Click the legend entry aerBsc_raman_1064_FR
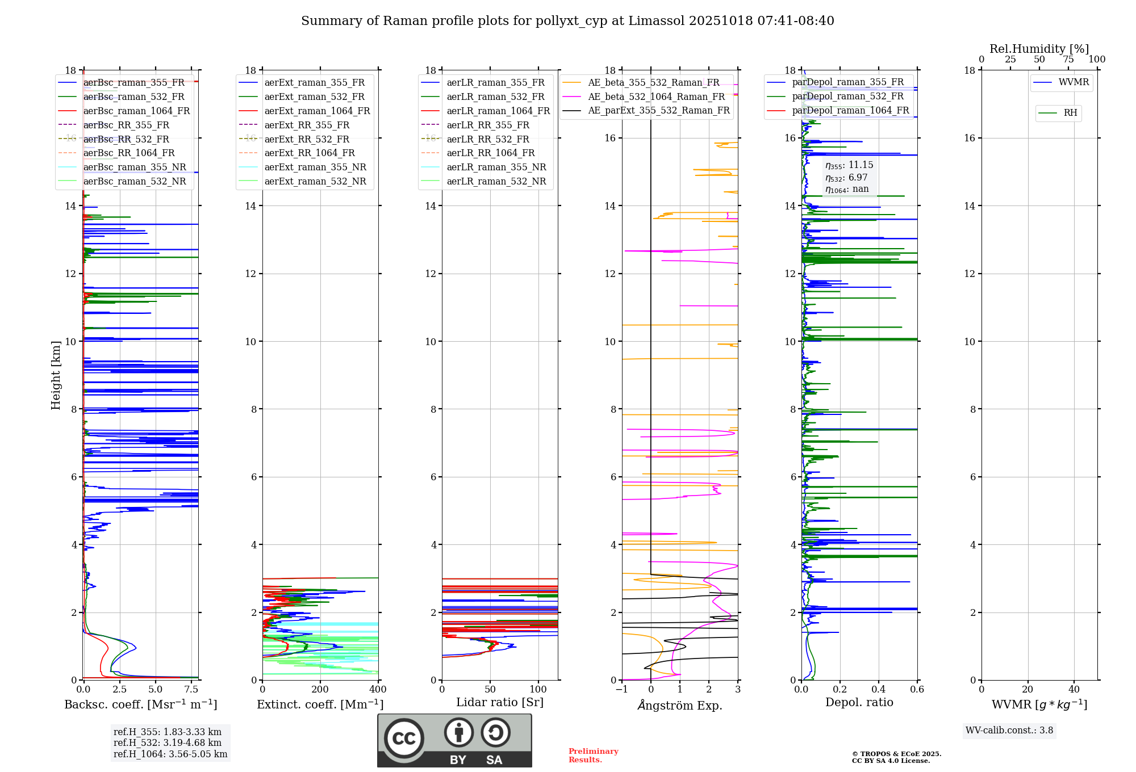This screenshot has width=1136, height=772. pyautogui.click(x=136, y=111)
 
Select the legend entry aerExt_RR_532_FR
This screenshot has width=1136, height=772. pyautogui.click(x=307, y=139)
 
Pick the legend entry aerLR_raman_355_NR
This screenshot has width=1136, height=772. pyautogui.click(x=496, y=167)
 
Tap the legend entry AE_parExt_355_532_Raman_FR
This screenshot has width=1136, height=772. pyautogui.click(x=658, y=111)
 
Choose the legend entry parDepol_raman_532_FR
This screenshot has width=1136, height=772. pyautogui.click(x=847, y=96)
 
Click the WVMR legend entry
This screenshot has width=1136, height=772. pyautogui.click(x=1074, y=82)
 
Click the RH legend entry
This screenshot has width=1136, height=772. pyautogui.click(x=1070, y=113)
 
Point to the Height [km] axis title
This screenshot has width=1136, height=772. pyautogui.click(x=56, y=375)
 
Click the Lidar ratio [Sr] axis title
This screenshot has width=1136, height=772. pyautogui.click(x=500, y=702)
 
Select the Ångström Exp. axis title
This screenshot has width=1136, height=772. pyautogui.click(x=680, y=705)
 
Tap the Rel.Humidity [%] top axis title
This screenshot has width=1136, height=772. pyautogui.click(x=1039, y=49)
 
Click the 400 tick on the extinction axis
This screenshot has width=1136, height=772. pyautogui.click(x=378, y=690)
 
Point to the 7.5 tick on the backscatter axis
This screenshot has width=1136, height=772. pyautogui.click(x=191, y=690)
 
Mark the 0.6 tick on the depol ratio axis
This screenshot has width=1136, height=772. pyautogui.click(x=917, y=690)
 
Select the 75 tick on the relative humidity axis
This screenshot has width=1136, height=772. pyautogui.click(x=1068, y=60)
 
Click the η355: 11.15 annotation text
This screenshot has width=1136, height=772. pyautogui.click(x=849, y=165)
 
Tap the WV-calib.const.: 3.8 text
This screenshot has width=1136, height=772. pyautogui.click(x=1009, y=731)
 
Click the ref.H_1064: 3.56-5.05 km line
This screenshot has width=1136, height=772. pyautogui.click(x=170, y=754)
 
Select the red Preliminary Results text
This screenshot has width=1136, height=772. pyautogui.click(x=593, y=756)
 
